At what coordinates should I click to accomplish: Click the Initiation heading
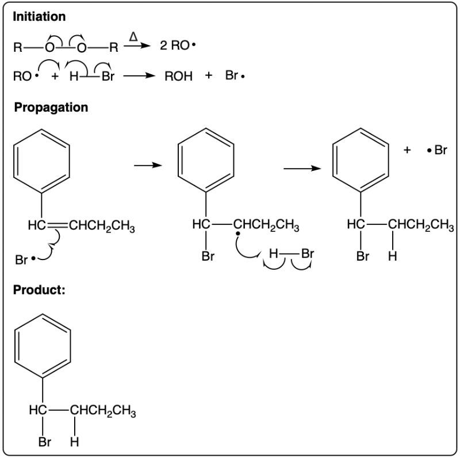click(39, 17)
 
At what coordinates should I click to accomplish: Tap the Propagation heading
click(51, 108)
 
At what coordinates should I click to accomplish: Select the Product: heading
click(39, 290)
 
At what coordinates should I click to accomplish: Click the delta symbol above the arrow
click(133, 37)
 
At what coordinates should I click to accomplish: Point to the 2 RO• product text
click(178, 45)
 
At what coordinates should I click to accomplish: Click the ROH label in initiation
click(178, 77)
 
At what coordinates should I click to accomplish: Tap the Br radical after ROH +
click(235, 76)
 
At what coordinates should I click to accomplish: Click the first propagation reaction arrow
click(148, 166)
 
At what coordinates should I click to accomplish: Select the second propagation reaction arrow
click(302, 169)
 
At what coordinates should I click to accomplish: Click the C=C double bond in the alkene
click(57, 226)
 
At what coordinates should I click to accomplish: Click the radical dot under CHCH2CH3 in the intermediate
click(238, 234)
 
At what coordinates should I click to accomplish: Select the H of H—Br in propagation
click(274, 253)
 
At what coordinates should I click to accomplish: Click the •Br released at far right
click(437, 150)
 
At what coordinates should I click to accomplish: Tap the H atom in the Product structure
click(75, 442)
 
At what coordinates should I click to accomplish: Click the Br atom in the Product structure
click(45, 442)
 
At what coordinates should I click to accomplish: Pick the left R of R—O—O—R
click(18, 47)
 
